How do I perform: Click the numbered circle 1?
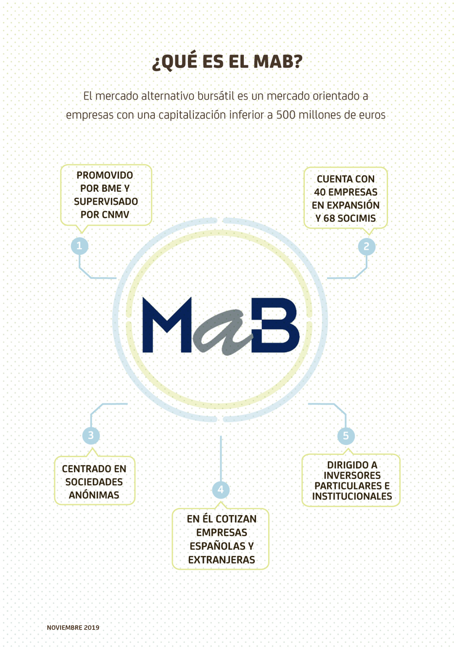[x=79, y=246]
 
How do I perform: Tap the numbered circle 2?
[x=366, y=246]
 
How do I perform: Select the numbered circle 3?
[x=91, y=435]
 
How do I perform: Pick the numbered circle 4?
[x=220, y=489]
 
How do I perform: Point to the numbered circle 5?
[x=346, y=435]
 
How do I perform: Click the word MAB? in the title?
[x=278, y=61]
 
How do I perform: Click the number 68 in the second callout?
[x=329, y=218]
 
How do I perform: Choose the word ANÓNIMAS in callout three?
[x=94, y=495]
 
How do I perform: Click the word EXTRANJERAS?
[x=221, y=560]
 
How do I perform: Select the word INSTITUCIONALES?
[x=352, y=496]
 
